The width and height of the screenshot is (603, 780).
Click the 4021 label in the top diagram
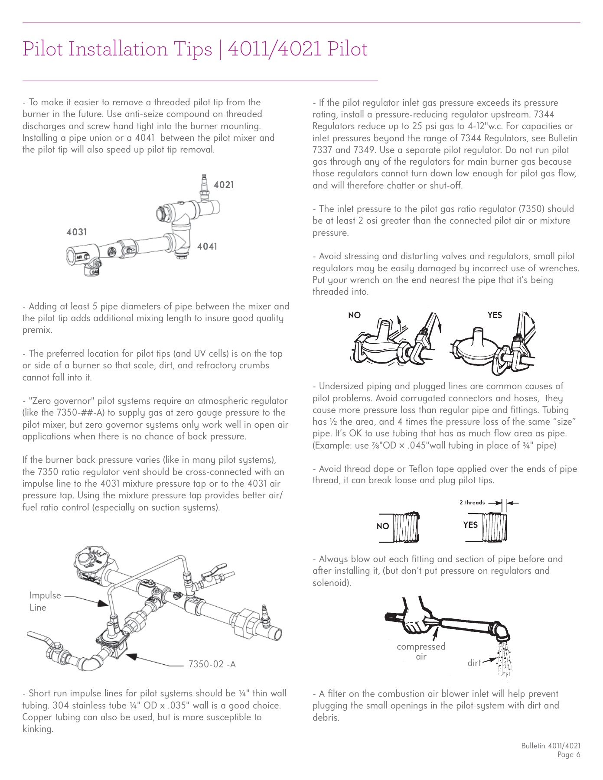pyautogui.click(x=223, y=185)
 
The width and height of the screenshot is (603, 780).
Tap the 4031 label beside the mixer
pyautogui.click(x=77, y=232)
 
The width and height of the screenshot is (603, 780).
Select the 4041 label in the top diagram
pyautogui.click(x=207, y=247)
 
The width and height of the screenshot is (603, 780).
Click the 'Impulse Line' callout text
pyautogui.click(x=45, y=601)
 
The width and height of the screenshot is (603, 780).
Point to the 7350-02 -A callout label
pyautogui.click(x=212, y=664)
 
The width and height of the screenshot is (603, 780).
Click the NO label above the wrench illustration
pyautogui.click(x=354, y=315)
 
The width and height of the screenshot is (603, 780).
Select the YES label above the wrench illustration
pyautogui.click(x=495, y=315)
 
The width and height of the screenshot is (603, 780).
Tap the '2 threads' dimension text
pyautogui.click(x=472, y=503)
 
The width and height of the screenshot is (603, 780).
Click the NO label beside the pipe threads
pyautogui.click(x=383, y=526)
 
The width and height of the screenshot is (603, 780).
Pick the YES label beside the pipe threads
pyautogui.click(x=470, y=525)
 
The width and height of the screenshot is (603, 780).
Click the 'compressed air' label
pyautogui.click(x=421, y=651)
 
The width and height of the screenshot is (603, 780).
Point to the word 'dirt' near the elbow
pyautogui.click(x=474, y=663)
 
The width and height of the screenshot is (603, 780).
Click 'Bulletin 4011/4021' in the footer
pyautogui.click(x=551, y=746)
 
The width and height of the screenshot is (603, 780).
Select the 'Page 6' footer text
pyautogui.click(x=569, y=755)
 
